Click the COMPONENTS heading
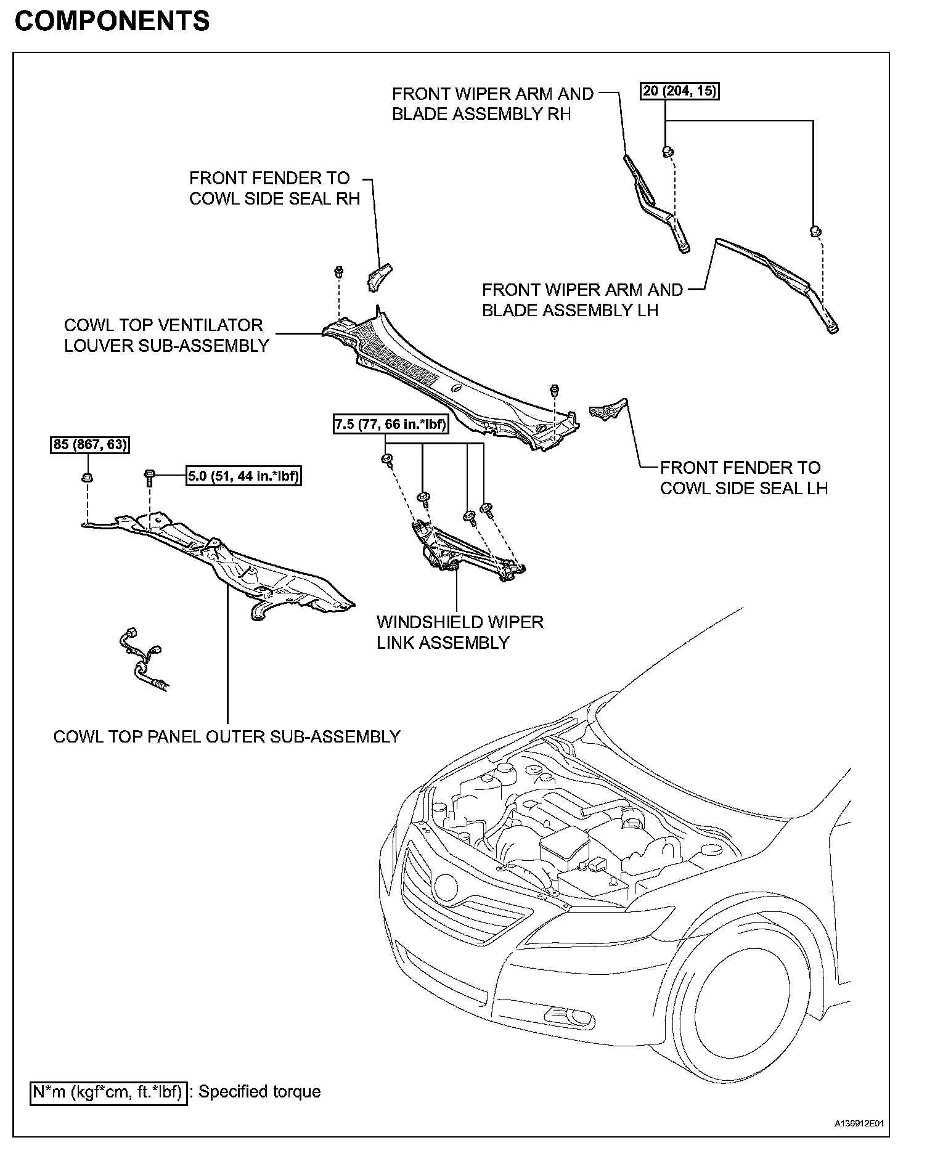[x=112, y=21]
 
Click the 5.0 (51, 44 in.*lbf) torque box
[x=244, y=476]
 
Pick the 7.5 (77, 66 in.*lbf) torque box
[x=390, y=425]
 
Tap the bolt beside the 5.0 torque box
[x=150, y=476]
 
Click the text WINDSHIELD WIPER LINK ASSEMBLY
[x=460, y=632]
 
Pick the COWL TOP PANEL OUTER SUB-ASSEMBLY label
[x=227, y=736]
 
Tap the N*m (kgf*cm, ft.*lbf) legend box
[x=108, y=1092]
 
